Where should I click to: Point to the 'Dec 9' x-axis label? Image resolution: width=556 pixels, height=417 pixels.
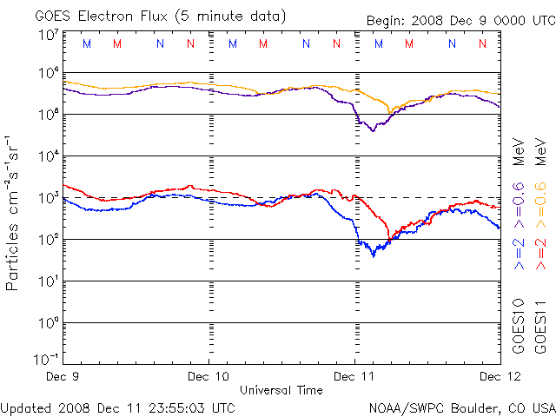tap(63, 377)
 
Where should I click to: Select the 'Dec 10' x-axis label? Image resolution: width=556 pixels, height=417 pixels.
tap(208, 377)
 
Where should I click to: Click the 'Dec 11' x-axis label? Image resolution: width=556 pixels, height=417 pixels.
tap(354, 377)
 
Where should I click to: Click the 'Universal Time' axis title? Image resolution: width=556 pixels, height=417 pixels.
tap(281, 390)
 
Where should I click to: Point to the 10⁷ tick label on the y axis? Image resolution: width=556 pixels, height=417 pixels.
tap(48, 35)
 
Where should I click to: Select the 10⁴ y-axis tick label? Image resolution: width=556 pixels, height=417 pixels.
tap(48, 156)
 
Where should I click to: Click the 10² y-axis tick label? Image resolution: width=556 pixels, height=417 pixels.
tap(48, 240)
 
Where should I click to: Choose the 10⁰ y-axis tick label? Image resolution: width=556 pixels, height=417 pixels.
tap(48, 323)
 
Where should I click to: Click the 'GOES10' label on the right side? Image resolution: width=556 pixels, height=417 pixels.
tap(518, 327)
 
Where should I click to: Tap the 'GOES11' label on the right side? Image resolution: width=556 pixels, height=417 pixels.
tap(539, 327)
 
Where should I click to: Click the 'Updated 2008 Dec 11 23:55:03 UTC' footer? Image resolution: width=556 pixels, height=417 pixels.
tap(117, 407)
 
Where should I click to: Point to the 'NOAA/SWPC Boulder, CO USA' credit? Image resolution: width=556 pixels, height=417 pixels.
tap(460, 407)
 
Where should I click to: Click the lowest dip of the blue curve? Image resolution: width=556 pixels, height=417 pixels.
tap(374, 255)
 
